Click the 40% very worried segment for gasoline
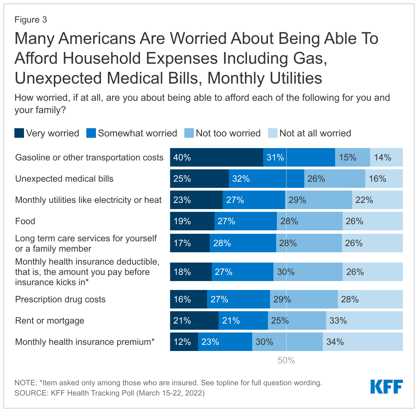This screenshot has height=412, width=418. pyautogui.click(x=217, y=157)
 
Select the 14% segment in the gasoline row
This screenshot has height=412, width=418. pyautogui.click(x=386, y=157)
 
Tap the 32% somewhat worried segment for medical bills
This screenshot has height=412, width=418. pyautogui.click(x=266, y=179)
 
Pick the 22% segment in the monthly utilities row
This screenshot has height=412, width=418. pyautogui.click(x=377, y=200)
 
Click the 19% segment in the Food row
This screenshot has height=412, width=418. pyautogui.click(x=192, y=221)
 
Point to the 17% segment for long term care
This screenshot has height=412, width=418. pyautogui.click(x=190, y=243)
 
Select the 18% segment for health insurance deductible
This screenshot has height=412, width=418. pyautogui.click(x=191, y=272)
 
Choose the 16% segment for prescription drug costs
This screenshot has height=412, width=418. pyautogui.click(x=188, y=299)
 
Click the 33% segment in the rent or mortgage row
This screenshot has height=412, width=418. pyautogui.click(x=364, y=320)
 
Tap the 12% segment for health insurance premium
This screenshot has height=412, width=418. pyautogui.click(x=184, y=342)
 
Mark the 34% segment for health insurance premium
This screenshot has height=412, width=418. pyautogui.click(x=362, y=342)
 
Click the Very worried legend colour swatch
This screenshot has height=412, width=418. pyautogui.click(x=19, y=133)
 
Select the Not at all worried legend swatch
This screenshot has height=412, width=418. pyautogui.click(x=272, y=133)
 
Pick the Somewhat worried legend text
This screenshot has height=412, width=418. pyautogui.click(x=137, y=133)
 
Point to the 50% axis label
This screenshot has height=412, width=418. pyautogui.click(x=286, y=360)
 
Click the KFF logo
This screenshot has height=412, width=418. pyautogui.click(x=386, y=387)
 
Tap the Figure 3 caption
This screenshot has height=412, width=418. pyautogui.click(x=30, y=20)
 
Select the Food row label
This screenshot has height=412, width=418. pyautogui.click(x=25, y=221)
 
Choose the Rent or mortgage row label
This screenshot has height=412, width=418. pyautogui.click(x=50, y=320)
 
